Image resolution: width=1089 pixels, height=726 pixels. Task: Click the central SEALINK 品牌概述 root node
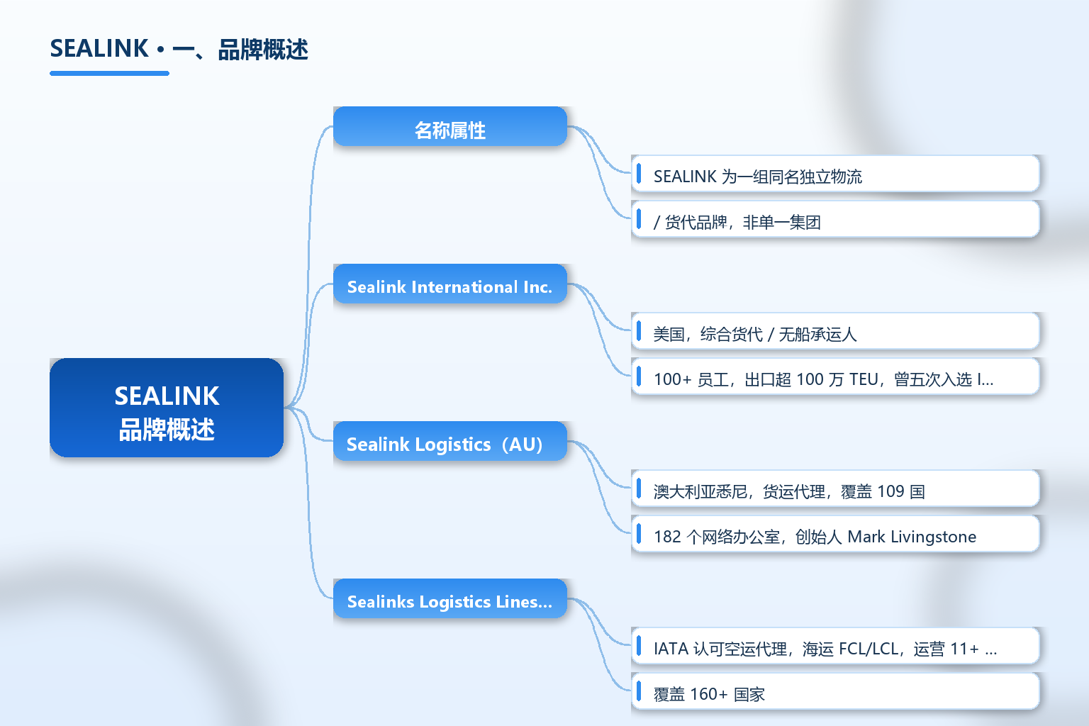(x=167, y=408)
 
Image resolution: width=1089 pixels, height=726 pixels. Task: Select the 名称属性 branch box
(x=450, y=126)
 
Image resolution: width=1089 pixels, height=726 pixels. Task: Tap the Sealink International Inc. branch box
(x=450, y=284)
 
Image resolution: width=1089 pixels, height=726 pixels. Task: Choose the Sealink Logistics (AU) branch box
(x=450, y=441)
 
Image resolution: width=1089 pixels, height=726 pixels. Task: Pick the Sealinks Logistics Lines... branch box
(x=450, y=598)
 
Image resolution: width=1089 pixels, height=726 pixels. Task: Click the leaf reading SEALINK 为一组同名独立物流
(x=835, y=174)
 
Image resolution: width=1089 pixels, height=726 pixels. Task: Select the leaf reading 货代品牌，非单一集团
(x=835, y=219)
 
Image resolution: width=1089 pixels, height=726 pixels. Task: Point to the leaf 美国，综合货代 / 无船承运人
(x=835, y=331)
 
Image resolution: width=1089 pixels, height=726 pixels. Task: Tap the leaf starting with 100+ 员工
(x=835, y=376)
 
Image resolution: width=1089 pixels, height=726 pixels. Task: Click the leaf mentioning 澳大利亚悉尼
(x=835, y=488)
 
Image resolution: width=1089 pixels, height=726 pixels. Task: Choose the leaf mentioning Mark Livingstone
(x=835, y=533)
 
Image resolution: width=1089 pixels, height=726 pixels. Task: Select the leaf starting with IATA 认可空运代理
(x=835, y=646)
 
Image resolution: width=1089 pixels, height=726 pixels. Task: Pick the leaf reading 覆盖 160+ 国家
(x=835, y=691)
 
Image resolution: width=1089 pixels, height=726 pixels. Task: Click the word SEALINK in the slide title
(x=99, y=49)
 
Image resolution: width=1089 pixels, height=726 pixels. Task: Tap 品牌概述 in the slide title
(x=263, y=49)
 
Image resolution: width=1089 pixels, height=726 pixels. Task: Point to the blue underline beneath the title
(x=109, y=74)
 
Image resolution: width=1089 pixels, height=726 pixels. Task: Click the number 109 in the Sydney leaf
(x=890, y=491)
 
